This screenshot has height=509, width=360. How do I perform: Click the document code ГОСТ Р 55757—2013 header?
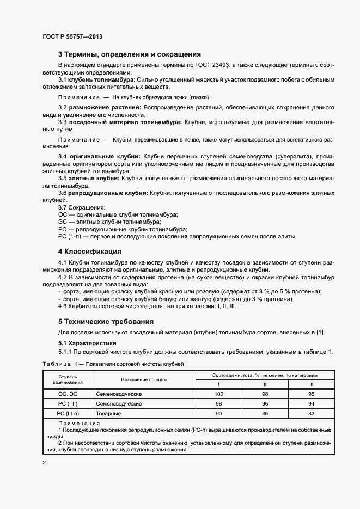coord(72,36)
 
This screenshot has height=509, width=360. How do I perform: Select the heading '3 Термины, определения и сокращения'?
coord(130,54)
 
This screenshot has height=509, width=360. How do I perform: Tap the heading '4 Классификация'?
coord(89,252)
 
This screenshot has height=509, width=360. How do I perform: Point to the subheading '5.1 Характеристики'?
coord(86,344)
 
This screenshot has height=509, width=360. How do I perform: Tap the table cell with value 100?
coord(219,394)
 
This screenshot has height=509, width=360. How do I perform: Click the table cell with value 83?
coord(311,414)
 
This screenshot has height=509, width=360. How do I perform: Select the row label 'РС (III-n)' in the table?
coord(64,414)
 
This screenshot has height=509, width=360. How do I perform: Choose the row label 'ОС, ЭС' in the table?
coord(64,394)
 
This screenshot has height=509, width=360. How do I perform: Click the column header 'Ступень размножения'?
coord(64,379)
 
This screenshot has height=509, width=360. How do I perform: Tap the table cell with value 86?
coord(265,414)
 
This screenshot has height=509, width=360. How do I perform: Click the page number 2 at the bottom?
coord(44,463)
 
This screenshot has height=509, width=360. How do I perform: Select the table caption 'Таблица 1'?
coord(59,363)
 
